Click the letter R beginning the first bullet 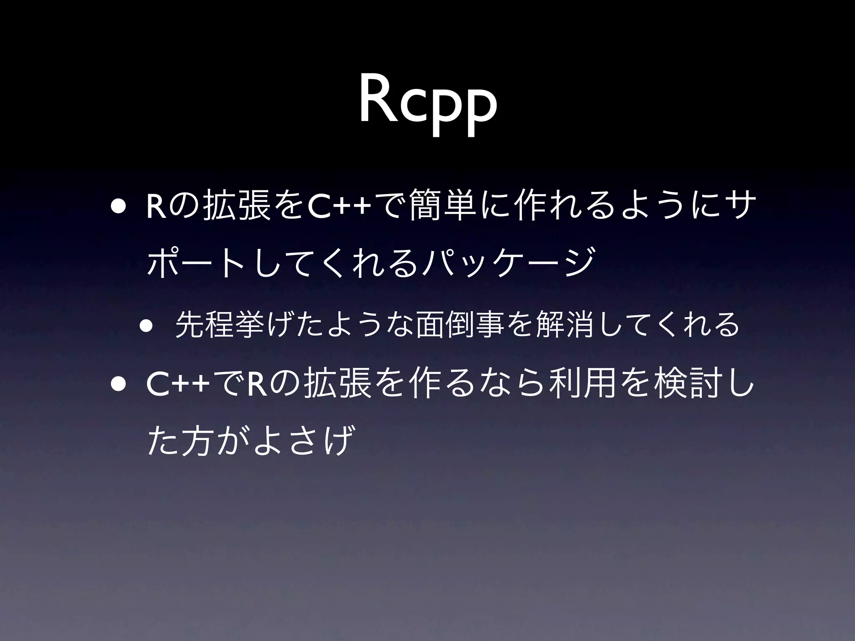pos(154,208)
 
